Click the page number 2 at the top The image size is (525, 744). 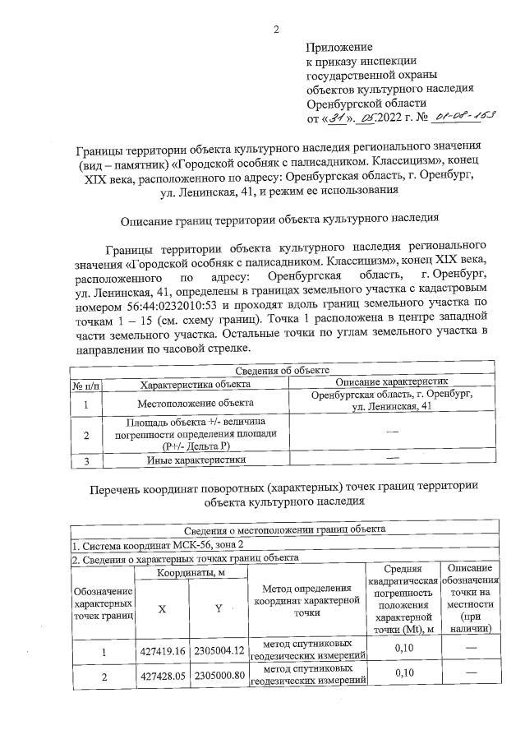coord(277,30)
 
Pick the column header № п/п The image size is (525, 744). coord(86,384)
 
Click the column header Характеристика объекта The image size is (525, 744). coord(194,384)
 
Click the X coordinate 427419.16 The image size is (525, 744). coord(161,651)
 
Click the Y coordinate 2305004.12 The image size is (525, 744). coord(219,651)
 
